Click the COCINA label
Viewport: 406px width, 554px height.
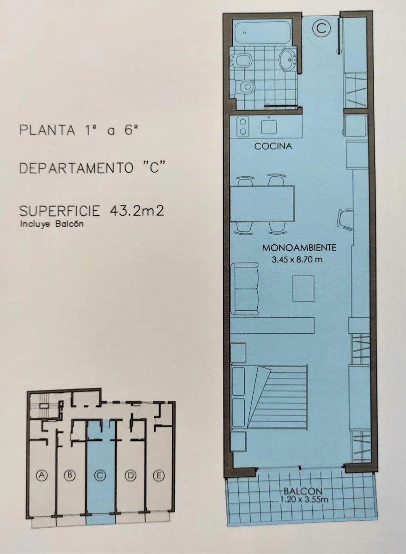pyautogui.click(x=273, y=146)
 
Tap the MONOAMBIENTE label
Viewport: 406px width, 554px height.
pyautogui.click(x=299, y=247)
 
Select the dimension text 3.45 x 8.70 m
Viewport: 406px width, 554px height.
pyautogui.click(x=297, y=259)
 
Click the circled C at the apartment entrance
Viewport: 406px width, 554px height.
pyautogui.click(x=321, y=28)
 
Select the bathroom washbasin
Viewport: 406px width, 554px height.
pyautogui.click(x=288, y=60)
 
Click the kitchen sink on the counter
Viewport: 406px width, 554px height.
pyautogui.click(x=268, y=128)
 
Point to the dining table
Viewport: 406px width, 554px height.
pyautogui.click(x=262, y=204)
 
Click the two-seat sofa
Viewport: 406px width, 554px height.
pyautogui.click(x=245, y=289)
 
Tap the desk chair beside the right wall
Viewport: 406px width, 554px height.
pyautogui.click(x=345, y=220)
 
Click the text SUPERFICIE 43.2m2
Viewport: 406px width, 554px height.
pyautogui.click(x=91, y=211)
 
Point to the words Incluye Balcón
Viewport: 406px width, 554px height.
pyautogui.click(x=52, y=224)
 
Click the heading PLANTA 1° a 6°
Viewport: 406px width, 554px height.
pyautogui.click(x=79, y=130)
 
